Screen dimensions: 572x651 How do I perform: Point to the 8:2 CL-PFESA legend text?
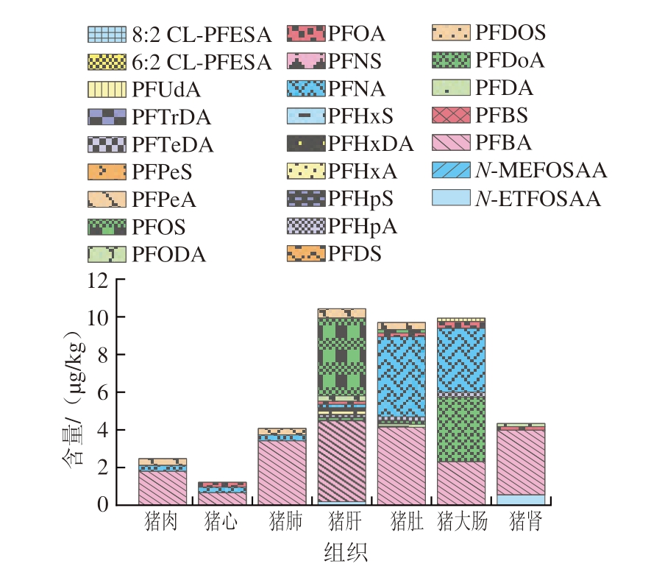203,34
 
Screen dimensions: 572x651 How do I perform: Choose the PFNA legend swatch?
304,89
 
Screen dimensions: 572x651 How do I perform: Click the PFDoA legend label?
510,60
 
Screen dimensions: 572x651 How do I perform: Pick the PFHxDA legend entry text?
371,144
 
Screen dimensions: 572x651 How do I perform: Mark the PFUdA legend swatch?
107,90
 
